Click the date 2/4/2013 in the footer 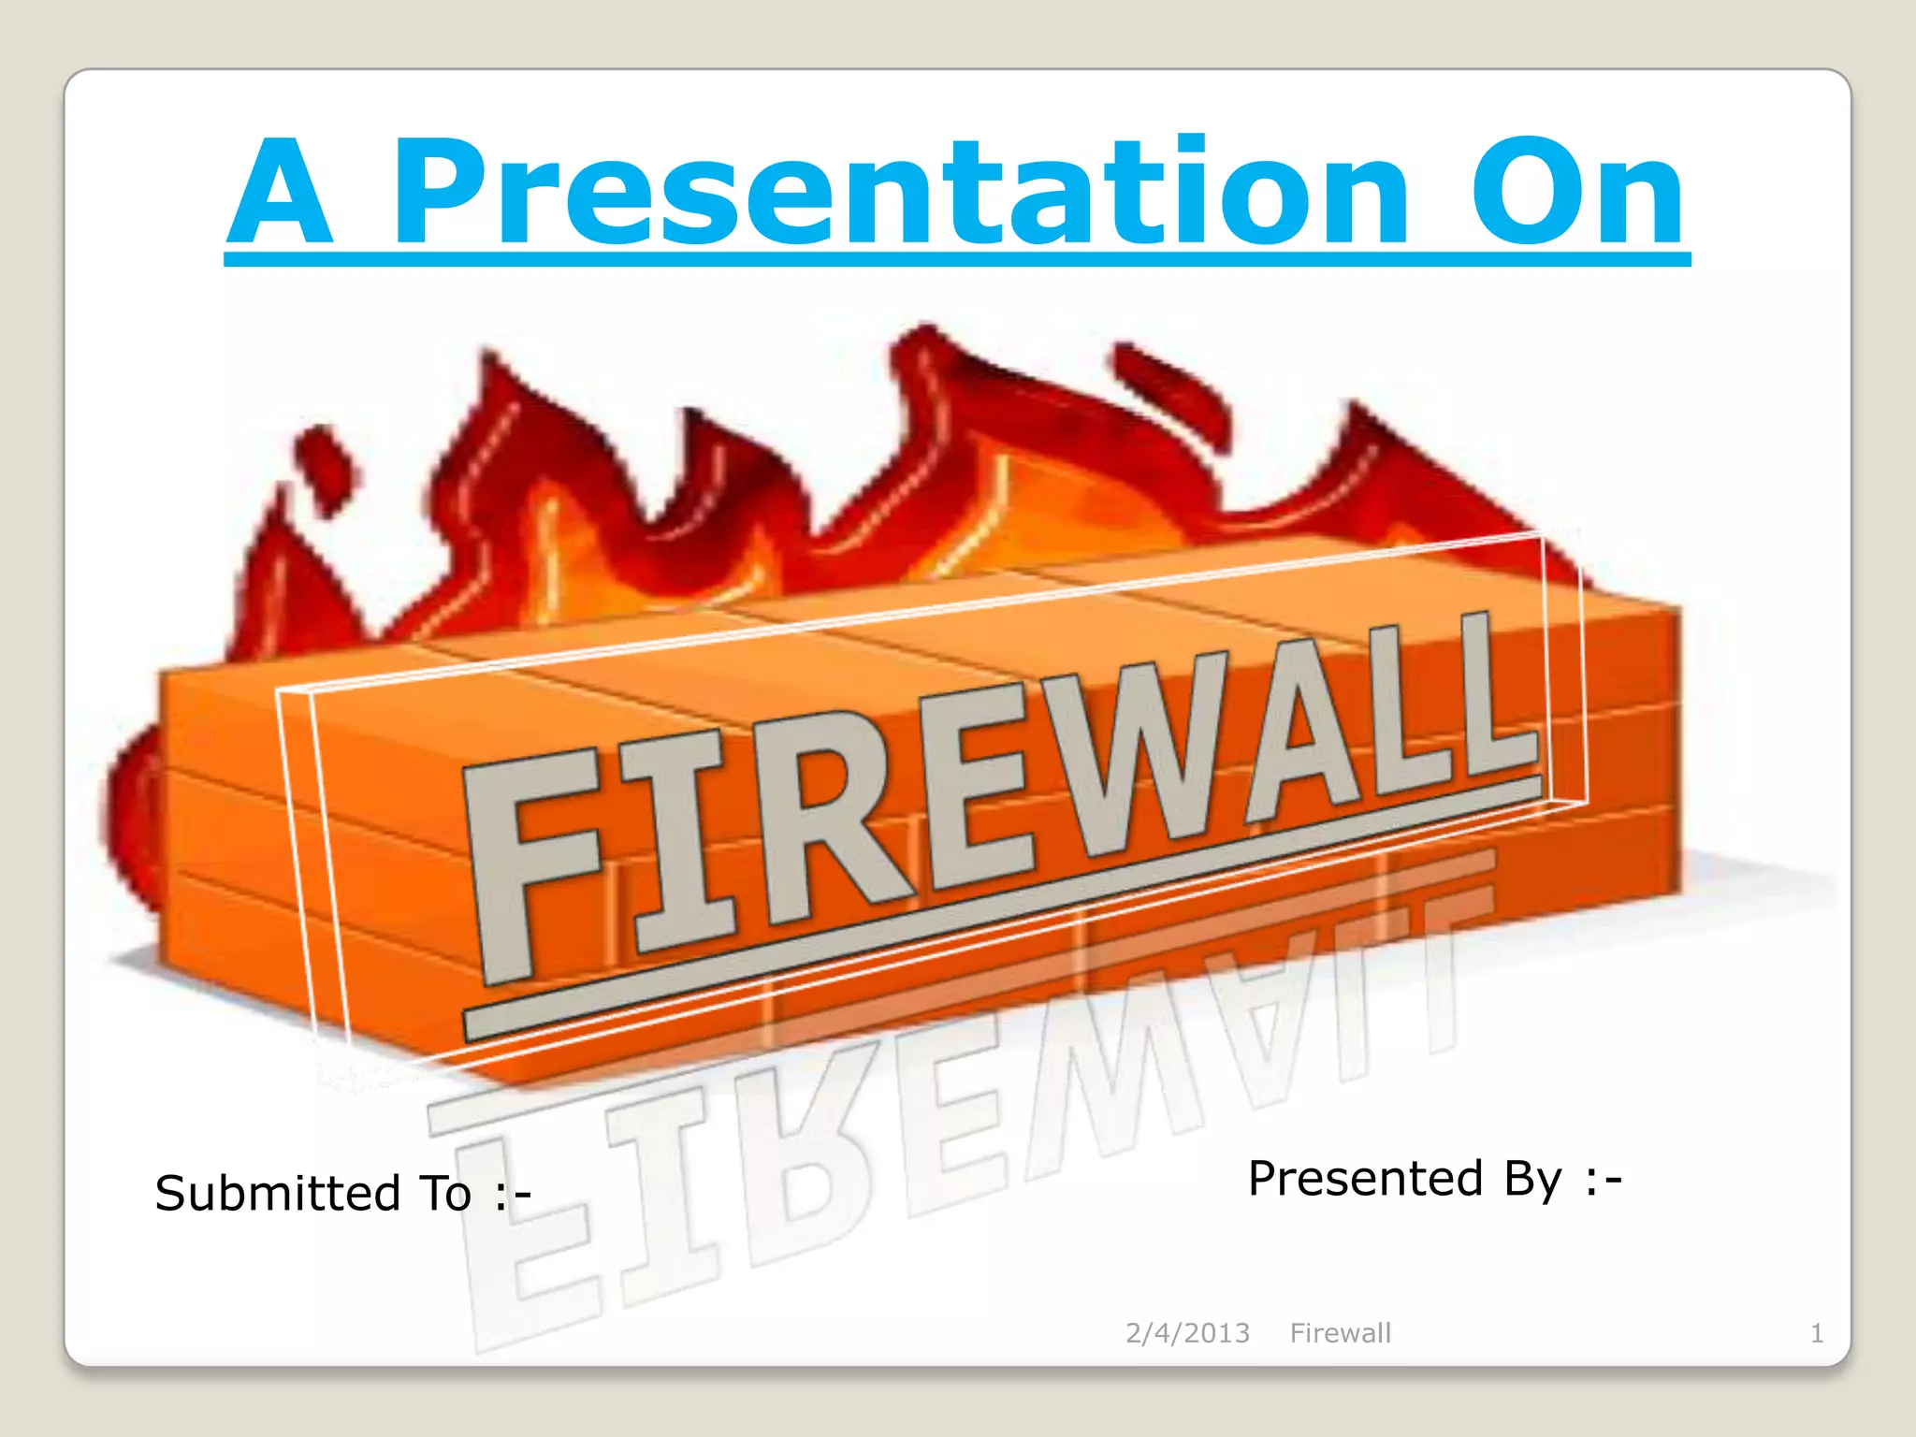(x=1187, y=1332)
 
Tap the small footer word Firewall (x=1340, y=1332)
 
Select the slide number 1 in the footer (x=1816, y=1332)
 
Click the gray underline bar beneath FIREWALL (x=1001, y=907)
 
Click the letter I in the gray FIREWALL (x=678, y=842)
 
